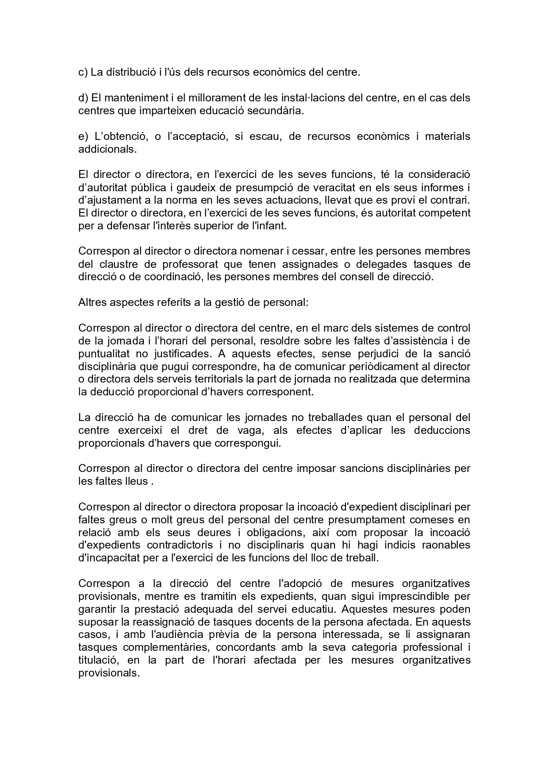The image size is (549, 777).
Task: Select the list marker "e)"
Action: (83, 136)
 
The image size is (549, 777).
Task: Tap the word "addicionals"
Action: (107, 149)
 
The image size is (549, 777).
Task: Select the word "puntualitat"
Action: (104, 354)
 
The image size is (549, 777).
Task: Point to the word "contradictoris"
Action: (178, 545)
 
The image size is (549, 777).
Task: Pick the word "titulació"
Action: (97, 661)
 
